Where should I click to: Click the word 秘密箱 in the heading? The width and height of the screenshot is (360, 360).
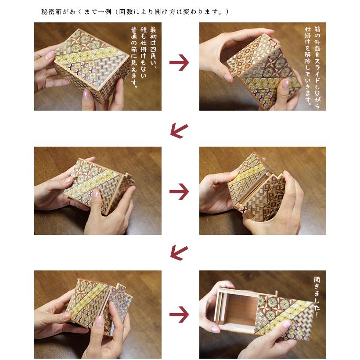(x=51, y=11)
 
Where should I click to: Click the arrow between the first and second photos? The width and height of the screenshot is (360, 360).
(x=179, y=63)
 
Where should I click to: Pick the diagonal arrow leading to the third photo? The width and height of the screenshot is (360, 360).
(x=179, y=130)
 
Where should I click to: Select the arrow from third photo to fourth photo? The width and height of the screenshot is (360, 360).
(x=179, y=191)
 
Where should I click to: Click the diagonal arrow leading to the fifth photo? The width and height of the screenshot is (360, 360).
(x=179, y=253)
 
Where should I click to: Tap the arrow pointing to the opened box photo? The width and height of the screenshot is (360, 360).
(x=179, y=315)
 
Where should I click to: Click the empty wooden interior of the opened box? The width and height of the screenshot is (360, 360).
(x=239, y=310)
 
